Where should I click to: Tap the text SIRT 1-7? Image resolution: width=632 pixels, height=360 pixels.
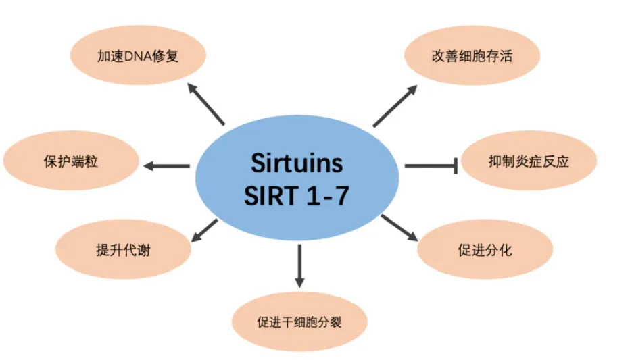pos(297,195)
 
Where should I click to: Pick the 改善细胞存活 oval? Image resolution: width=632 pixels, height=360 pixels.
pos(472,55)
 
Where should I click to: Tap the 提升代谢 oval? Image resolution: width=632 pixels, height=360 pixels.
pos(124,250)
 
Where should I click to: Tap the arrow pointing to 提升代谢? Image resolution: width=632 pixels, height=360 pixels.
pos(204,230)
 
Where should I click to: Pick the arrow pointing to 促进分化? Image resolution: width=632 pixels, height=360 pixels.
pos(399,228)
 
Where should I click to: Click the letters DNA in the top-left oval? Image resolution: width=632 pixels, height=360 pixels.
pos(127,56)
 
